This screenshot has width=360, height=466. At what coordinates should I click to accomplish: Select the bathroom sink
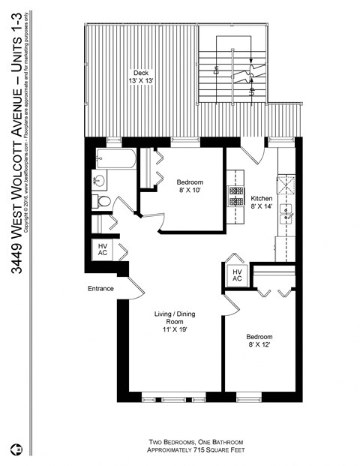[98, 180]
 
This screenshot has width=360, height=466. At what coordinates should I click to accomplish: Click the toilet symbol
[102, 201]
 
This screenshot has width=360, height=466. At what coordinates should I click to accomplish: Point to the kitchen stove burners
[236, 196]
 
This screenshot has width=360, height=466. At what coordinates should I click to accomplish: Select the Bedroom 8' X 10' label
[190, 187]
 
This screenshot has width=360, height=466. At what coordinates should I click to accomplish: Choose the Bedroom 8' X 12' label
[259, 342]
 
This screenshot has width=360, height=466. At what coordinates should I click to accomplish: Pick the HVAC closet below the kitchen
[236, 275]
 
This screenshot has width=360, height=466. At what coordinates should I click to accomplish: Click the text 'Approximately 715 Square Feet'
[195, 450]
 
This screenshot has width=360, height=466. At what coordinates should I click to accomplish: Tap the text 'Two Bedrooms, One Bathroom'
[195, 441]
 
